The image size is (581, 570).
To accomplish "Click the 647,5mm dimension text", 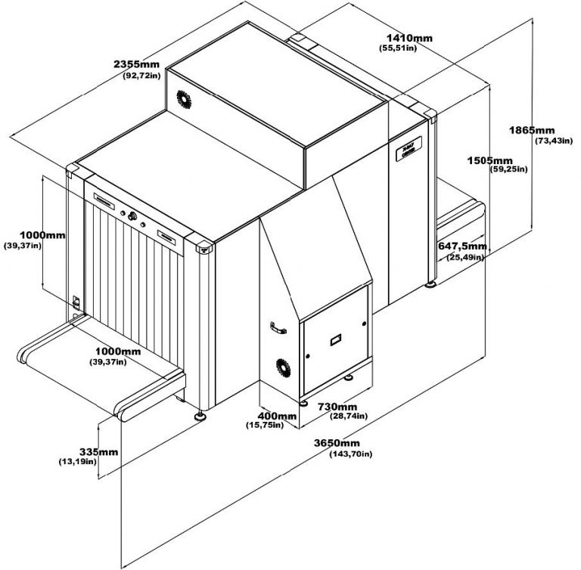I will coord(462,246).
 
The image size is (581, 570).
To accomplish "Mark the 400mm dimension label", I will coord(276,417).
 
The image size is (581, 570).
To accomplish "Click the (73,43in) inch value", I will coord(552,141).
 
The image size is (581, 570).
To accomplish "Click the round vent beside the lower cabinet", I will coord(282,368).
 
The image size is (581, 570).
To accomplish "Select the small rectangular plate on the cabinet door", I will coord(335,339).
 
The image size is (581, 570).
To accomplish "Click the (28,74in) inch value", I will coord(349,417).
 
